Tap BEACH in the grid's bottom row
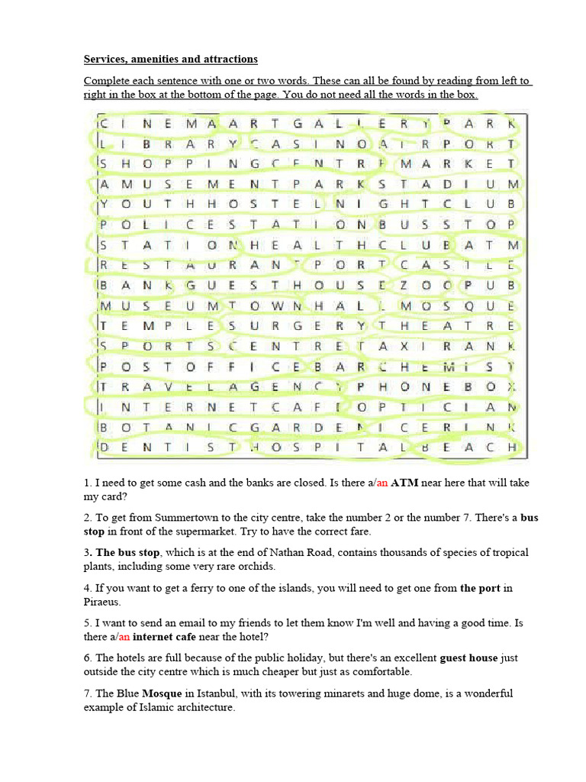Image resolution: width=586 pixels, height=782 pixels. point(468,447)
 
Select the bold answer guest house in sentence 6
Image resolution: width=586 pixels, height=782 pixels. point(468,658)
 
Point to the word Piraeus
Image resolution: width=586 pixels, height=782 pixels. point(101,602)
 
